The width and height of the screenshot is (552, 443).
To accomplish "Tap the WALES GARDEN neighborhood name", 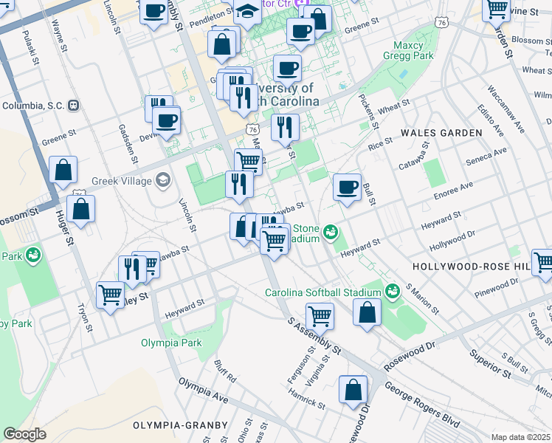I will click(x=441, y=133).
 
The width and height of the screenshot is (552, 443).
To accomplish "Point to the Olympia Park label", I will click(x=171, y=343).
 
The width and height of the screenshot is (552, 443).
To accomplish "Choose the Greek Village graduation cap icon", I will click(x=162, y=180).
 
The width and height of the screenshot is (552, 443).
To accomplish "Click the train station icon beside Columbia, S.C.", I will click(x=73, y=106).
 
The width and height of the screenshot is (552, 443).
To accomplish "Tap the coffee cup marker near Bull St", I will click(x=346, y=187).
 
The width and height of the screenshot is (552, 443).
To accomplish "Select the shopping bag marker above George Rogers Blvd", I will click(x=353, y=389).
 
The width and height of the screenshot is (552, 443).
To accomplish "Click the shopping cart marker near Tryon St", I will click(x=110, y=295).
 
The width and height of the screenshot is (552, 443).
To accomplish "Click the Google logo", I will click(x=24, y=434).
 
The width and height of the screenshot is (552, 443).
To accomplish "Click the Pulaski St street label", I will click(x=29, y=47).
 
